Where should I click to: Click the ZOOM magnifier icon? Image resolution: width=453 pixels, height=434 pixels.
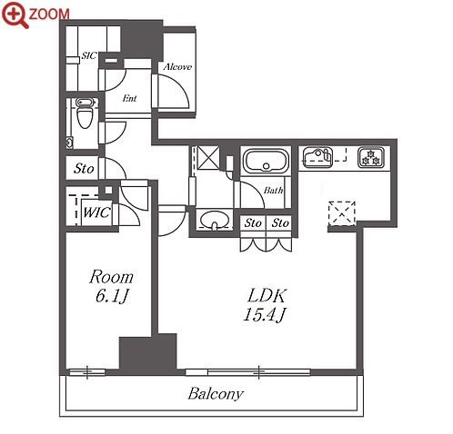15,15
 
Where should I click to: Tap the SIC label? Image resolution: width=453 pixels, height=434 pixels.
89,55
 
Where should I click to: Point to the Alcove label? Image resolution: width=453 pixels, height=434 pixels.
177,66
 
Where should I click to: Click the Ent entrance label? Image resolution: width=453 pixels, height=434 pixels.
129,98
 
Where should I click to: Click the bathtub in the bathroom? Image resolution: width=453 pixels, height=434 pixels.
267,161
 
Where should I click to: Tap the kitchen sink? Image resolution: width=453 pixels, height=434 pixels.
317,157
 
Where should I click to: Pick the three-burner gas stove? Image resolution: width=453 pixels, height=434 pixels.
371,157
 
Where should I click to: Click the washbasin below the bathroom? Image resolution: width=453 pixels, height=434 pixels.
215,220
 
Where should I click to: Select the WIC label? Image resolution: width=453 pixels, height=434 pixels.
96,212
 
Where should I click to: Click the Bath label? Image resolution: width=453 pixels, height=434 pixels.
273,191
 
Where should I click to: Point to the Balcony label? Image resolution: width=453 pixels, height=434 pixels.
216,394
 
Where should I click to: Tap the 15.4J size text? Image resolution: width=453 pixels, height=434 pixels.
264,314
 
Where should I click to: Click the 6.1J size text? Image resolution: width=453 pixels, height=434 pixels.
112,296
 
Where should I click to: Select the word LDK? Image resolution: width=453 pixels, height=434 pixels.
267,296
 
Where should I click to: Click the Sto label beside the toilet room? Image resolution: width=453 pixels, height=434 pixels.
84,168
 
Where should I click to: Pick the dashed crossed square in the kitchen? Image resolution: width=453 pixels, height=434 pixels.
342,213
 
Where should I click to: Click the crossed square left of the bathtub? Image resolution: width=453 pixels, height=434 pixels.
208,157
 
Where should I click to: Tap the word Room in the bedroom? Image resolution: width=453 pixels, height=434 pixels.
112,277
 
